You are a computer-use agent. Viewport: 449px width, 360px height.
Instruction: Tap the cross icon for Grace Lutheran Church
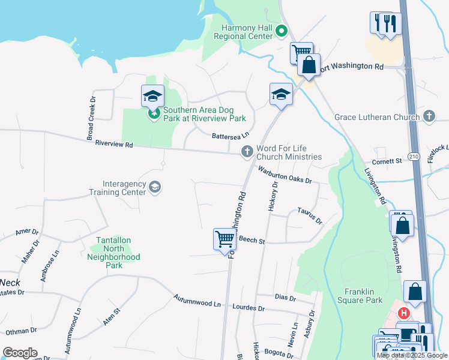pyautogui.click(x=429, y=116)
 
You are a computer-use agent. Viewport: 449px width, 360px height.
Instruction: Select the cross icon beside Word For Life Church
pyautogui.click(x=247, y=152)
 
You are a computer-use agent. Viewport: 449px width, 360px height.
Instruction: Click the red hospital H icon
pyautogui.click(x=405, y=313)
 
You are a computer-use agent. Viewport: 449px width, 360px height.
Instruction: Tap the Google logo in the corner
pyautogui.click(x=20, y=353)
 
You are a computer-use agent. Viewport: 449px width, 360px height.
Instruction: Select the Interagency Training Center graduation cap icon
pyautogui.click(x=155, y=188)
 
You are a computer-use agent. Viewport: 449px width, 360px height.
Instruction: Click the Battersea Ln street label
pyautogui.click(x=230, y=136)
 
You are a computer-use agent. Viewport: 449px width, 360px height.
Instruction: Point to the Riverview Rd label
pyautogui.click(x=112, y=145)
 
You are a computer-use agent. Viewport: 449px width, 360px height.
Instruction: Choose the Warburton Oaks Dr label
pyautogui.click(x=285, y=175)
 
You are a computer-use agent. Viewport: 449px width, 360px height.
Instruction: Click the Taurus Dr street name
pyautogui.click(x=310, y=215)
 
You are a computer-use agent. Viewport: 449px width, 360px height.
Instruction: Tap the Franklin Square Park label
pyautogui.click(x=364, y=296)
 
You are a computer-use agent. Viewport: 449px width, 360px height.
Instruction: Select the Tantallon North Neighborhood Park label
pyautogui.click(x=115, y=257)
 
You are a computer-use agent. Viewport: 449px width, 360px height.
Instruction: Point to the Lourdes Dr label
pyautogui.click(x=248, y=308)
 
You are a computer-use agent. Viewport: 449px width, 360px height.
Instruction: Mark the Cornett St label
pyautogui.click(x=386, y=161)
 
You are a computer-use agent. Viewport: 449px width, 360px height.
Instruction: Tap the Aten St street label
pyautogui.click(x=112, y=316)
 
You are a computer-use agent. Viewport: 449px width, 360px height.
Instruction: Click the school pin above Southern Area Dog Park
pyautogui.click(x=152, y=96)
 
